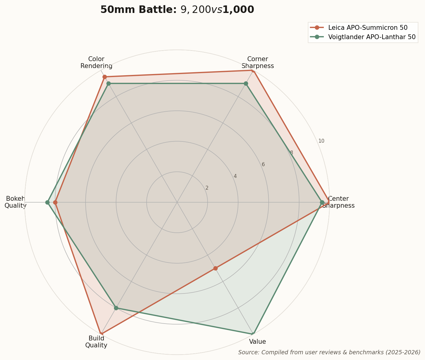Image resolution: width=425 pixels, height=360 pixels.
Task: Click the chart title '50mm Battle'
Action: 177,10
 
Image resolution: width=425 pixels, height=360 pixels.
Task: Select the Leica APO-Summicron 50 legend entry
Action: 367,28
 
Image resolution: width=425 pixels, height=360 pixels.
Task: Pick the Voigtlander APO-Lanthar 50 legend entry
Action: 372,37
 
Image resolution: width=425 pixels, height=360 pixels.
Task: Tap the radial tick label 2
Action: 207,188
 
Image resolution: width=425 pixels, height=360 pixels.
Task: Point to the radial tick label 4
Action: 235,176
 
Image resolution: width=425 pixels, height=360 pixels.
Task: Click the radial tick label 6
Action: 263,165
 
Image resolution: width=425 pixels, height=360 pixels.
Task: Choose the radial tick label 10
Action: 321,141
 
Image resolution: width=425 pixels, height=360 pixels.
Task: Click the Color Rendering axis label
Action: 96,62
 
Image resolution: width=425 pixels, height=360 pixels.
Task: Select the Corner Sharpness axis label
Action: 258,62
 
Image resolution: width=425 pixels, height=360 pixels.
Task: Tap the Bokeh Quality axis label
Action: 16,202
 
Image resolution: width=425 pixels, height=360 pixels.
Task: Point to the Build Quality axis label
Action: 96,342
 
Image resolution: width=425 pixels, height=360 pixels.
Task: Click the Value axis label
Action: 258,342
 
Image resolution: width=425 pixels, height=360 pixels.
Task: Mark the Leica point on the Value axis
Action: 215,268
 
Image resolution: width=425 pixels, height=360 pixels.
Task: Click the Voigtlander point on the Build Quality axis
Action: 116,308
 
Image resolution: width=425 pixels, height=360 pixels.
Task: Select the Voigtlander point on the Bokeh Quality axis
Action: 48,202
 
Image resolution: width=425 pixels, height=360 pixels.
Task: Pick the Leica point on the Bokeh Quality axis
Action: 55,202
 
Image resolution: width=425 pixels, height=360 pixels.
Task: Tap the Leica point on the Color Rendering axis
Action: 105,77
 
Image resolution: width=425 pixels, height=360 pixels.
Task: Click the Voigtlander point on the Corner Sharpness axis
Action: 246,83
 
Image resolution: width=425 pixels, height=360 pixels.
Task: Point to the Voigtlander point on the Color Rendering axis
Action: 109,83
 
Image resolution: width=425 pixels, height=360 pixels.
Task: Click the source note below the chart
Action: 329,352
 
